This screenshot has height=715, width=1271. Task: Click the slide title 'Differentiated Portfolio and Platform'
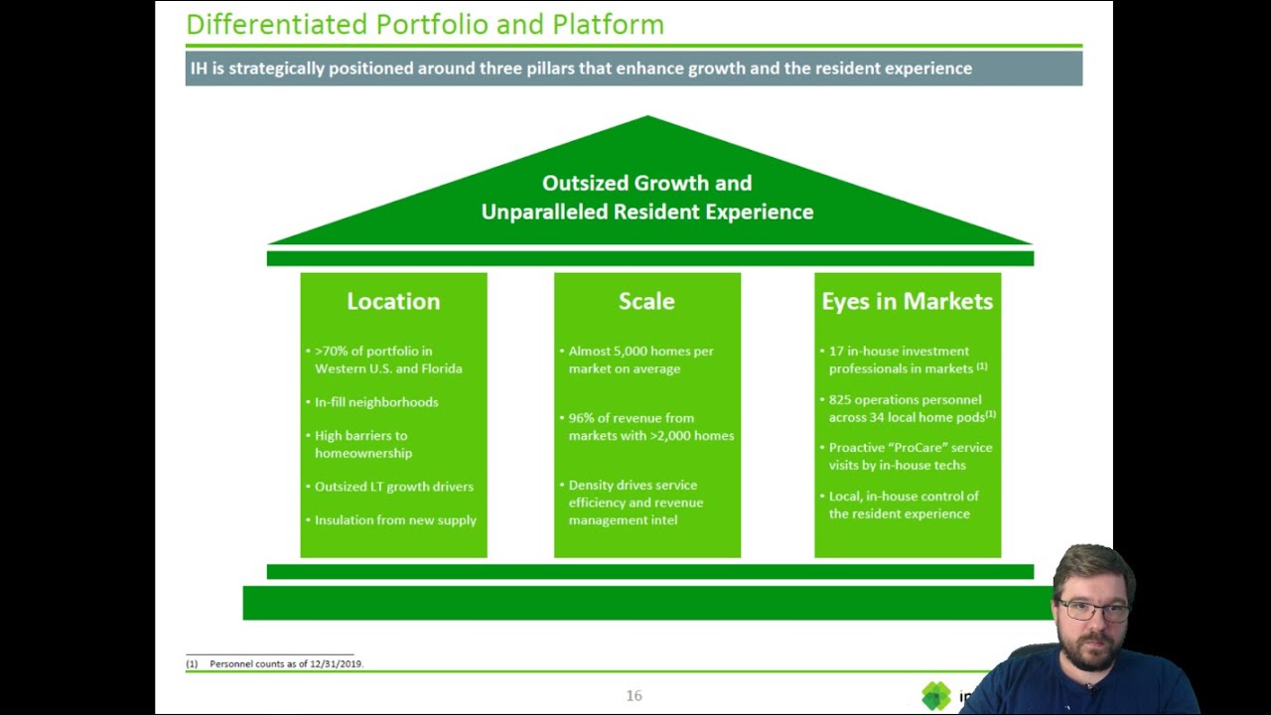click(x=425, y=24)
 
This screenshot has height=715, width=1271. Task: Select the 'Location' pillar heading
click(x=393, y=301)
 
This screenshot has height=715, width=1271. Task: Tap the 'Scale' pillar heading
click(x=646, y=301)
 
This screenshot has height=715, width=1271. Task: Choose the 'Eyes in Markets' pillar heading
click(x=907, y=301)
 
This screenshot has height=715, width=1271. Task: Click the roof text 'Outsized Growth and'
click(x=646, y=183)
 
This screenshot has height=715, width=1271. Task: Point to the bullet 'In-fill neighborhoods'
click(x=376, y=402)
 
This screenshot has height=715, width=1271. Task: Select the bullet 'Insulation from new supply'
click(x=395, y=520)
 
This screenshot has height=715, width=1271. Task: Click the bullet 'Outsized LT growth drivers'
click(x=394, y=487)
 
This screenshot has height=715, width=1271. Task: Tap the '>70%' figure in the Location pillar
click(x=331, y=352)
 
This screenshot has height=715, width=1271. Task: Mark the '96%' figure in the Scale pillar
click(x=582, y=418)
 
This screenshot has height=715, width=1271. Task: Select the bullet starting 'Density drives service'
click(x=633, y=486)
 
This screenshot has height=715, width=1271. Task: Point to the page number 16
click(x=634, y=695)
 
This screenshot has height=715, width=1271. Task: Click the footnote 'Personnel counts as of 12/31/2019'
click(x=286, y=663)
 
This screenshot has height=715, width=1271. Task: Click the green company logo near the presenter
click(x=935, y=696)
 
